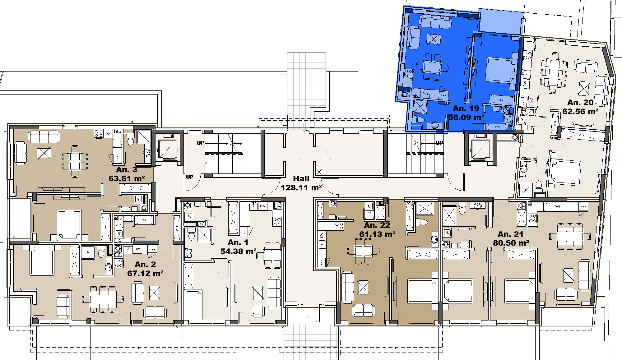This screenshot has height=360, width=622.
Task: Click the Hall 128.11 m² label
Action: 301,183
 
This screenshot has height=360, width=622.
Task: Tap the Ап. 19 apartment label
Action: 466,108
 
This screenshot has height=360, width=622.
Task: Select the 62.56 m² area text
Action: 580,111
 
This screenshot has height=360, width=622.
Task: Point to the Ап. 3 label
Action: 126,170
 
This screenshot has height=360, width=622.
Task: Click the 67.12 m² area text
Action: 145,273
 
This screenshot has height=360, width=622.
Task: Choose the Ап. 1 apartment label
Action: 238,242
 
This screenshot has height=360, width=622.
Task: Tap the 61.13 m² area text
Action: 377,234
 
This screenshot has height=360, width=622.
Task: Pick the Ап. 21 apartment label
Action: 510,234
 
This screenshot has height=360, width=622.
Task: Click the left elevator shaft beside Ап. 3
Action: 168,149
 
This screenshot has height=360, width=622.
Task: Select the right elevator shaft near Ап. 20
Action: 480,149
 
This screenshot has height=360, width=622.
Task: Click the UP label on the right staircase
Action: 439,143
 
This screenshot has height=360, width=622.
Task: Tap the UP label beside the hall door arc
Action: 189,177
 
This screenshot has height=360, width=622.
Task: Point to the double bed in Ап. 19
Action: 501,70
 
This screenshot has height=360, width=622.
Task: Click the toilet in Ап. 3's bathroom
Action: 130,141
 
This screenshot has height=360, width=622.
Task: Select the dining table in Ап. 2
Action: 102,299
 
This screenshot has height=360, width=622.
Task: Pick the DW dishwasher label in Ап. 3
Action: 108,133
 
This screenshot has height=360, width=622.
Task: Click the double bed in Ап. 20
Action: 565,173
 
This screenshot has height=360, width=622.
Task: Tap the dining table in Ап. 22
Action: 363,251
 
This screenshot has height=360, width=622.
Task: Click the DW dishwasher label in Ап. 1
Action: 263,206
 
